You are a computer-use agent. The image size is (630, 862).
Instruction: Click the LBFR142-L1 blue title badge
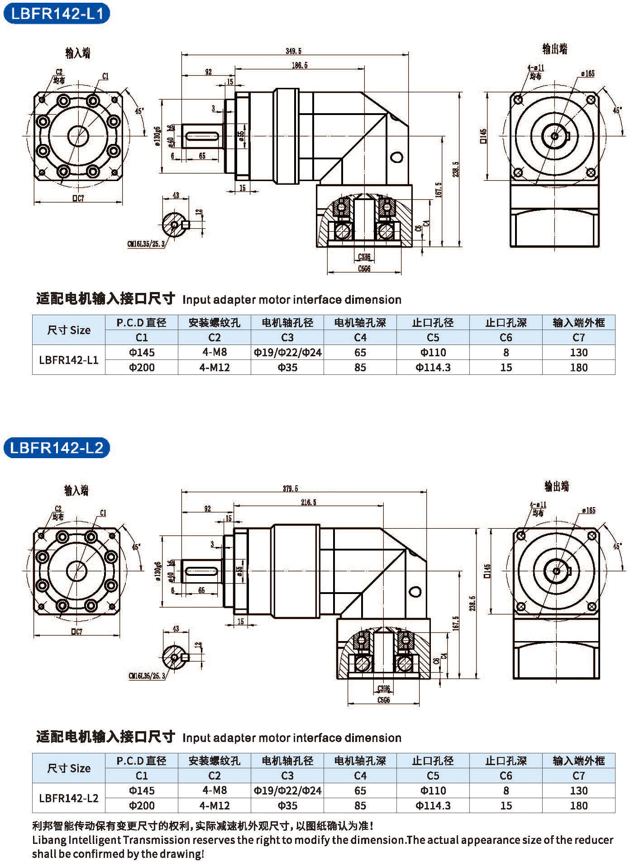coord(57,14)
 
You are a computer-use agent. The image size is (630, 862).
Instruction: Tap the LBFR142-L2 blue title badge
coord(57,448)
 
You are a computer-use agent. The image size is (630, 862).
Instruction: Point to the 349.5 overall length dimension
coord(293,51)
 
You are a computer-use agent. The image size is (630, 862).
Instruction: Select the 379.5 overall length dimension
coord(291,488)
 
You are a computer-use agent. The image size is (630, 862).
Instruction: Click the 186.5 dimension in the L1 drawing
coord(300,66)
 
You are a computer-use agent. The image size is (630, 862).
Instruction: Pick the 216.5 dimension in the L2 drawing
coord(309,503)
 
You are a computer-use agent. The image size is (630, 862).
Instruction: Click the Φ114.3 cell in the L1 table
coord(433,367)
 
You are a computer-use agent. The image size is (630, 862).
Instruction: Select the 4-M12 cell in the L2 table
coord(215,805)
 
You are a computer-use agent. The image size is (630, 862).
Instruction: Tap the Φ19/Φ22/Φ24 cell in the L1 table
coord(287,352)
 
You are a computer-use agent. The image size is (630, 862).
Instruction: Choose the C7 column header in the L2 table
coord(578,776)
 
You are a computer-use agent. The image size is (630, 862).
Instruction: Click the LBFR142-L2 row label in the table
coord(69,798)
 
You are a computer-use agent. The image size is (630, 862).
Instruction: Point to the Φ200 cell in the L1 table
coord(142,367)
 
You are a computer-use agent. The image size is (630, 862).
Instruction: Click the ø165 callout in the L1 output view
coord(588,74)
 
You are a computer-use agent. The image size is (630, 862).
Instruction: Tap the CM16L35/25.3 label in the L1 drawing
coord(146,244)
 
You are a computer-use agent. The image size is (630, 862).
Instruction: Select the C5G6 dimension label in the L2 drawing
coord(383,700)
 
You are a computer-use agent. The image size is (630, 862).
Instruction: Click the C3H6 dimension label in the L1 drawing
coord(364,257)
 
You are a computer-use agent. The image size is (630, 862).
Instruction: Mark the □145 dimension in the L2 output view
coord(487,571)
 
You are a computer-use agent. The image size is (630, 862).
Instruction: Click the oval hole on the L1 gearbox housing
coord(396,157)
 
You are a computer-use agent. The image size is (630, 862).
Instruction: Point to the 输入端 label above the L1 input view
coord(78,53)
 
